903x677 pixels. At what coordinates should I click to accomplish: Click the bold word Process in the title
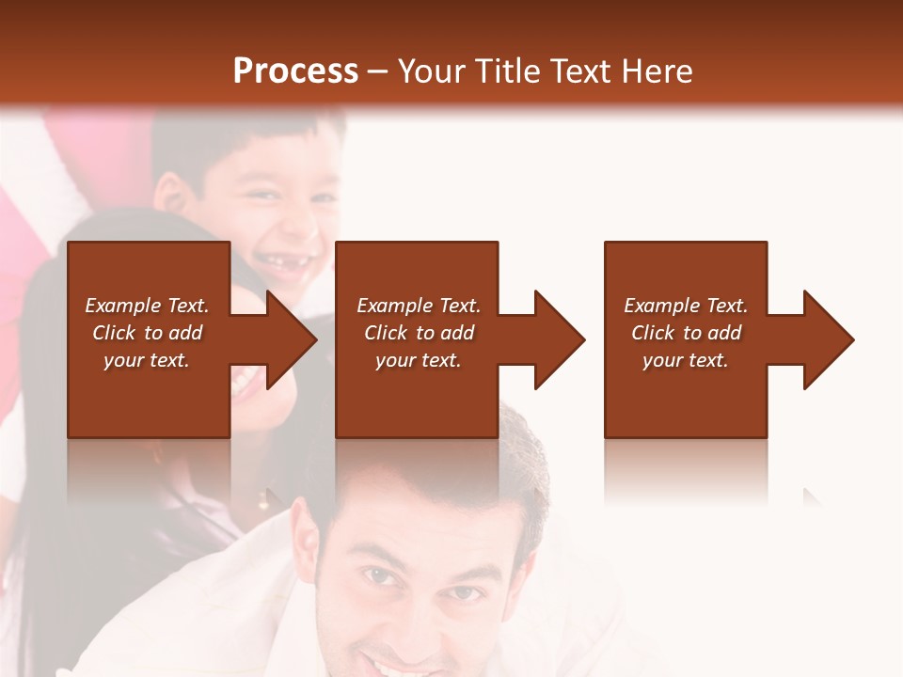coord(295,71)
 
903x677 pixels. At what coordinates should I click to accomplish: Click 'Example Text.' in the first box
coord(147,306)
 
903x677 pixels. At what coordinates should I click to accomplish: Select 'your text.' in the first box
coord(147,360)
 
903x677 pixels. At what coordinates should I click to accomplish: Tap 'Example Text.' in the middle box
coord(419,306)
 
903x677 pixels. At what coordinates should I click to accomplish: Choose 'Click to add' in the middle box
coord(419,333)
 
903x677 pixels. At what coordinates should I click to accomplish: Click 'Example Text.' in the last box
coord(686,306)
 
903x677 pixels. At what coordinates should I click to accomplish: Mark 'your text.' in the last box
coord(686,360)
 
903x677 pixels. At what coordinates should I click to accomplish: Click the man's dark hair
coord(423,470)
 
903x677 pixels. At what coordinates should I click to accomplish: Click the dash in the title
coord(378,71)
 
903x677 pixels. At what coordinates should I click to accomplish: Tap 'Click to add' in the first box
coord(147,333)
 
